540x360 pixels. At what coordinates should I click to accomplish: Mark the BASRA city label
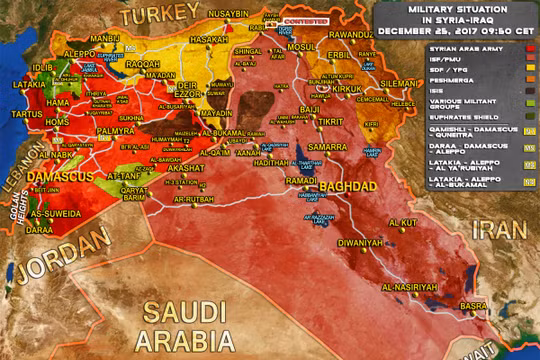point(473,305)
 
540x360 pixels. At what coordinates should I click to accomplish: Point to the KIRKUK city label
point(346,90)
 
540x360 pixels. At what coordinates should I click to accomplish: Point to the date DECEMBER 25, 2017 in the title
point(440,31)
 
